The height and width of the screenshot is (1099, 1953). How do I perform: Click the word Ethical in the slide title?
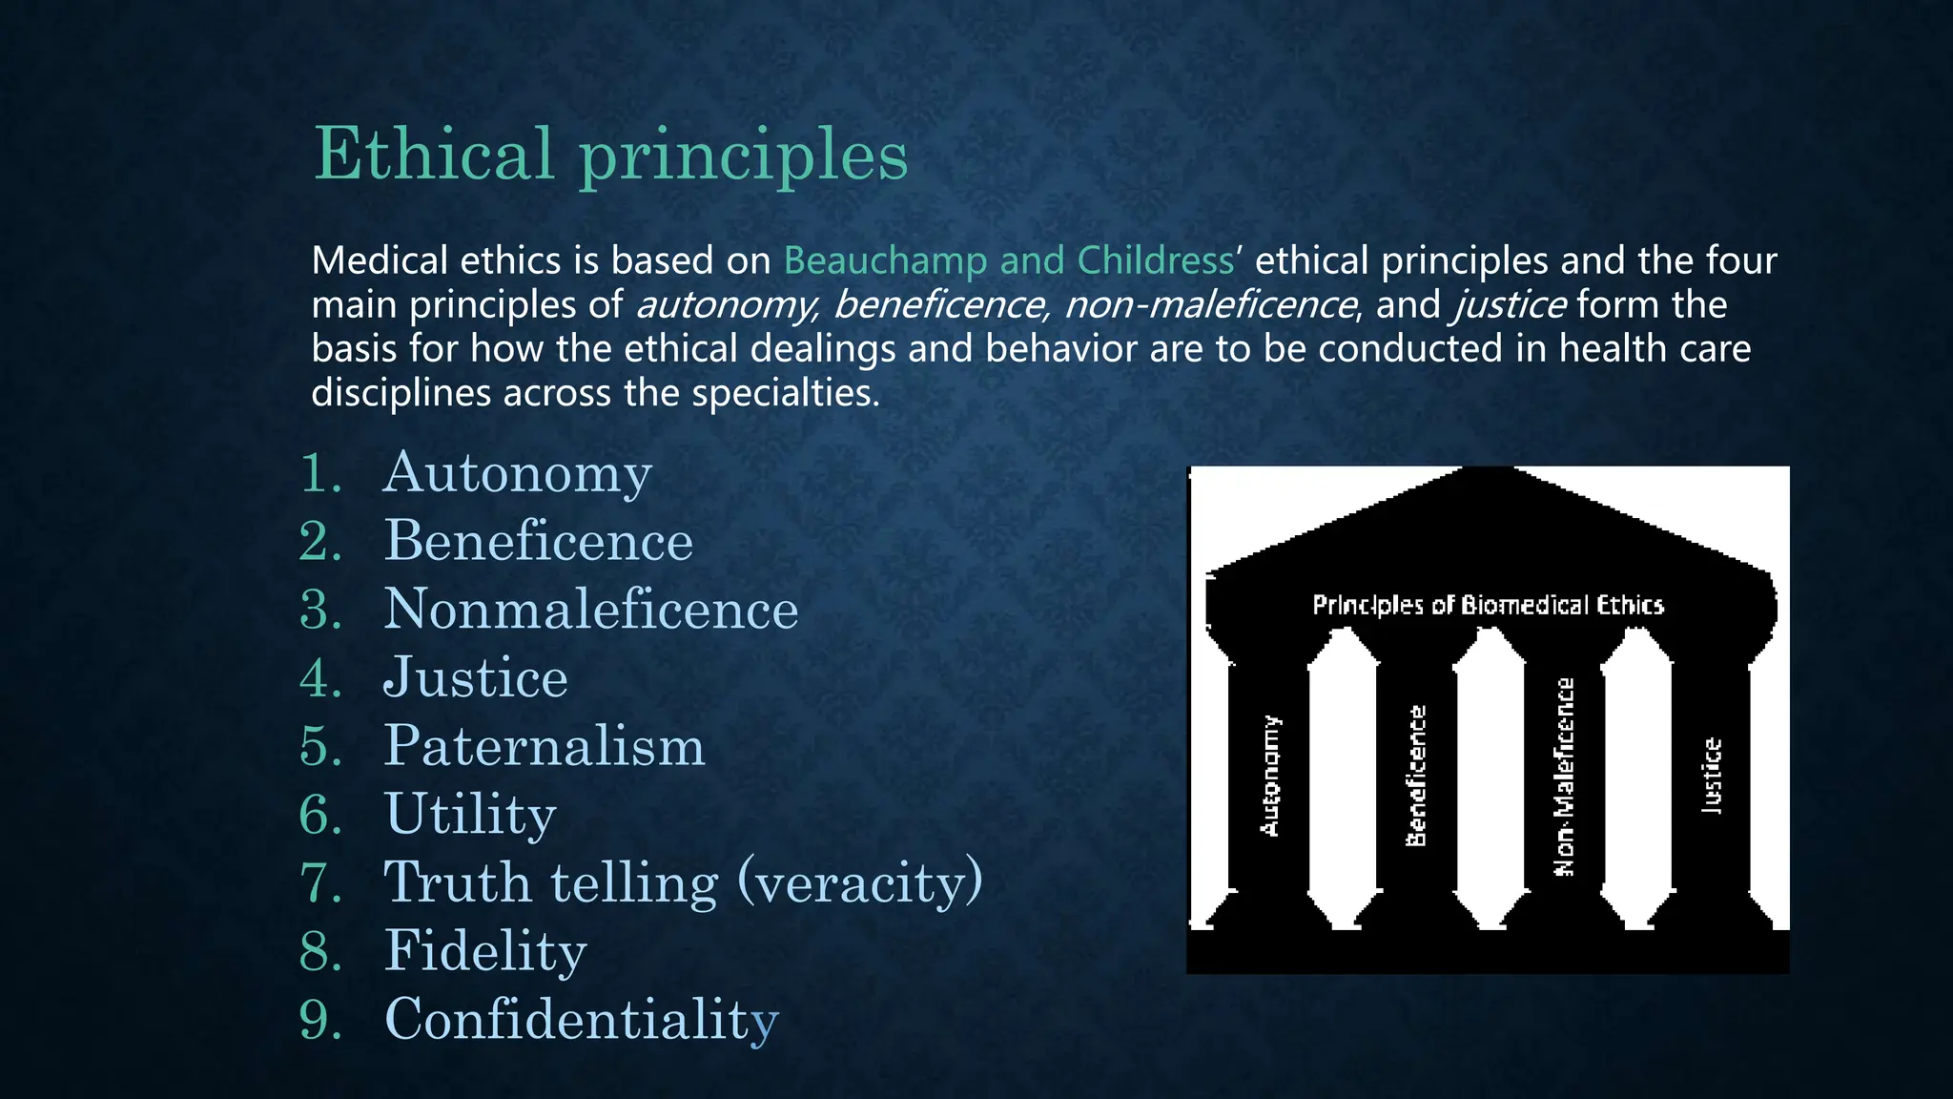[x=434, y=154]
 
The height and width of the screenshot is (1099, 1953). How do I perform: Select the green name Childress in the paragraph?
[x=1155, y=260]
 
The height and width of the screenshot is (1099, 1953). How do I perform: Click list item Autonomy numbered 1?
[x=517, y=473]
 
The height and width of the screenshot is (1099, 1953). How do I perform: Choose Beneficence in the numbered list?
[x=538, y=541]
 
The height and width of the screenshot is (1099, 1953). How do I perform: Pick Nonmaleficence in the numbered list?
[x=590, y=610]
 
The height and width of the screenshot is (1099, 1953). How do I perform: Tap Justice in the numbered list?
[x=475, y=678]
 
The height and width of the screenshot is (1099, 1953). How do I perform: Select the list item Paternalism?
[x=544, y=746]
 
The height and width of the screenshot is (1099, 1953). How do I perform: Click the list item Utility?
[x=469, y=815]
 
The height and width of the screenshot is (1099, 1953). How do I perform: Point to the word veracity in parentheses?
[x=860, y=883]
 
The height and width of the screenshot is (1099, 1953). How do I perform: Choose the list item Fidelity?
[x=484, y=951]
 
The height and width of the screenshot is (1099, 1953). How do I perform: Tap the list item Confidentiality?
[x=581, y=1020]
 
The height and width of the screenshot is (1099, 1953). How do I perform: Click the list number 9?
[x=320, y=1020]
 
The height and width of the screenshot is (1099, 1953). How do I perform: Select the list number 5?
[x=320, y=746]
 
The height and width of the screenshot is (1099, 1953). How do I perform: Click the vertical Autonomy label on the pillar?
[x=1270, y=776]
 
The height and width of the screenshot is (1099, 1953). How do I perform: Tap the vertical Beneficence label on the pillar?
[x=1417, y=776]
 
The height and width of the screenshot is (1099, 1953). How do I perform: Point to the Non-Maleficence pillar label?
[x=1565, y=776]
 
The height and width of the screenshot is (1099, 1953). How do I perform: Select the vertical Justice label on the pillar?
[x=1713, y=776]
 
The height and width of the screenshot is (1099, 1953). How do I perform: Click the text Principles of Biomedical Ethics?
[x=1488, y=605]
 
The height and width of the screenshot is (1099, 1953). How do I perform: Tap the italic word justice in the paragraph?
[x=1510, y=305]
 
